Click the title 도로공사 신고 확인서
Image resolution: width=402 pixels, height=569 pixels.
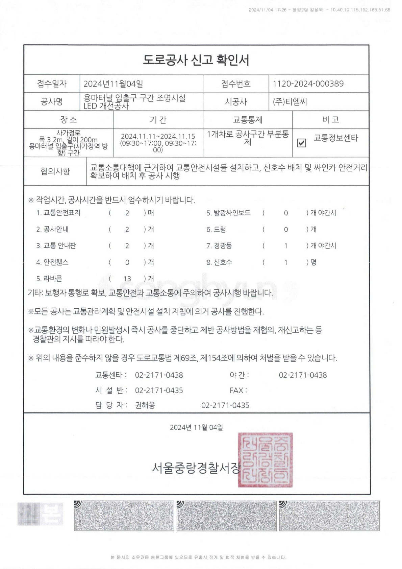click(196, 60)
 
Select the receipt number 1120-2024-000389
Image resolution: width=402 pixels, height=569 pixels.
click(308, 84)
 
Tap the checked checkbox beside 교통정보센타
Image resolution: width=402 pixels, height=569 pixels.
click(301, 143)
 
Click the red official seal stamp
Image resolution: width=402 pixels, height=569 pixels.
click(265, 459)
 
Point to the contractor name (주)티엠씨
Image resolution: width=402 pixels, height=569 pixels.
click(290, 102)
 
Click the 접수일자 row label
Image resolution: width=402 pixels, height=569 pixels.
click(52, 84)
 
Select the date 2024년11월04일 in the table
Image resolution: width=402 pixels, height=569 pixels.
click(113, 84)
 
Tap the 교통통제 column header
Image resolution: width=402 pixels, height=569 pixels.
click(248, 120)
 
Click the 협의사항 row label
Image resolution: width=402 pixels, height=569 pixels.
click(55, 171)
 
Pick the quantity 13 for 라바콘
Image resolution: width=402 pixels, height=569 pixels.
click(127, 279)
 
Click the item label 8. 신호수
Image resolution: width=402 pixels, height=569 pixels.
click(219, 262)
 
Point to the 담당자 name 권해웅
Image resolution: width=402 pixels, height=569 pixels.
click(145, 405)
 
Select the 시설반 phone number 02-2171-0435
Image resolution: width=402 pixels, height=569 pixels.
click(159, 390)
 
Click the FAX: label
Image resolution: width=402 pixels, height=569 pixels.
click(238, 390)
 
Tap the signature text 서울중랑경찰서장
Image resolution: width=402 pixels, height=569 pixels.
click(196, 468)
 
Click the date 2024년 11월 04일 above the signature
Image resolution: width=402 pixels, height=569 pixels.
click(196, 427)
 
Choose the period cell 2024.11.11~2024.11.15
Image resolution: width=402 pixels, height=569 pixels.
click(158, 137)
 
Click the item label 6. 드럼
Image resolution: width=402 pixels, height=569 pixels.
click(216, 230)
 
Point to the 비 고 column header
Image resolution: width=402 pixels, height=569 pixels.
click(330, 120)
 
